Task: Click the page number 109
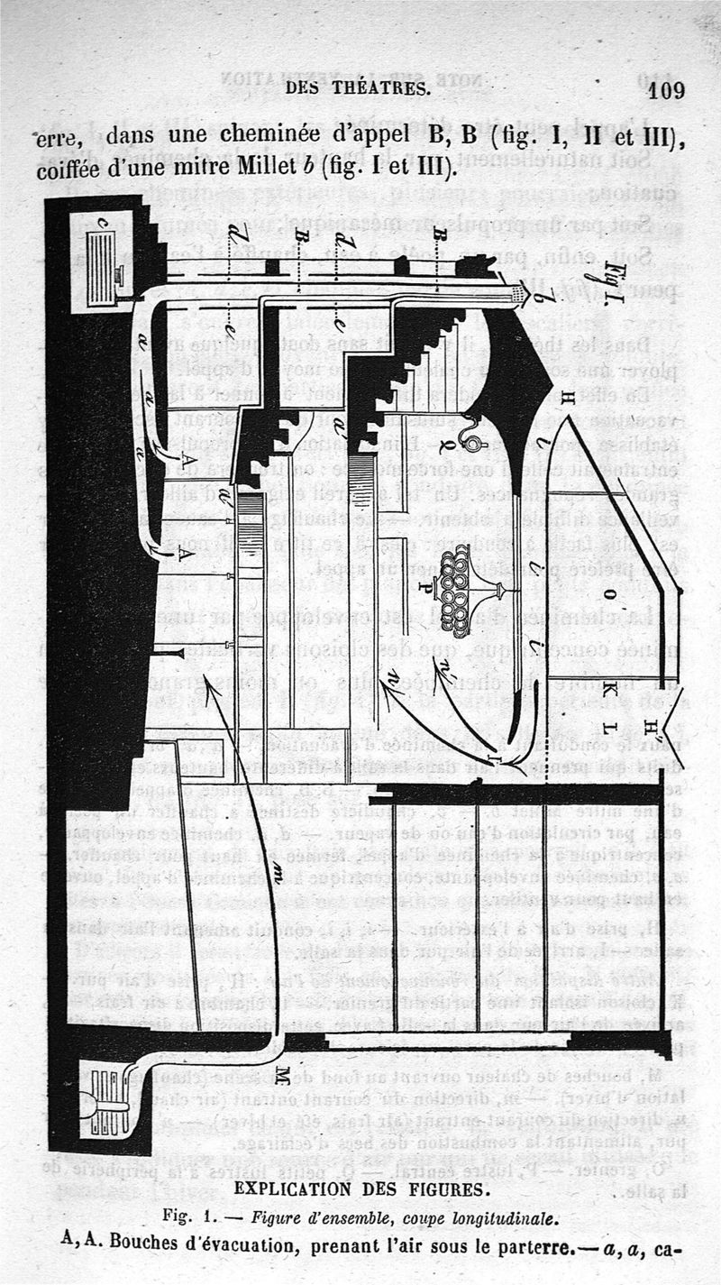tap(666, 90)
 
